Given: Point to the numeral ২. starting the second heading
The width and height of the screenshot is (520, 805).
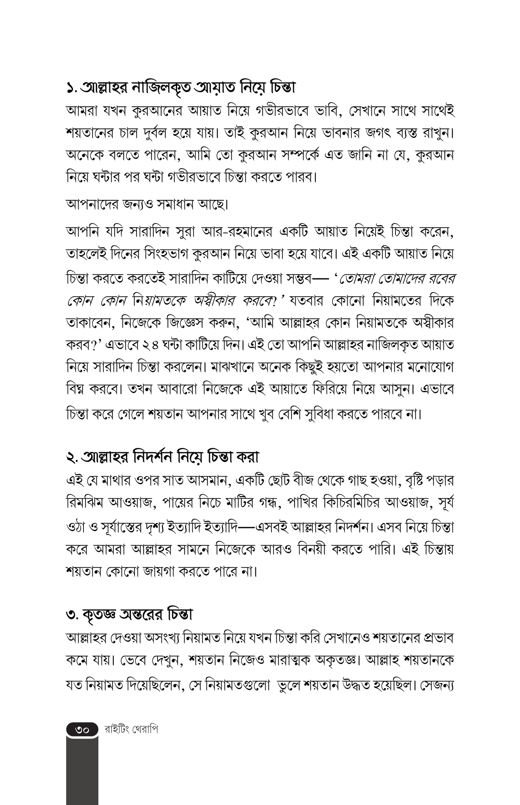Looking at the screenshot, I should point(72,457).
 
